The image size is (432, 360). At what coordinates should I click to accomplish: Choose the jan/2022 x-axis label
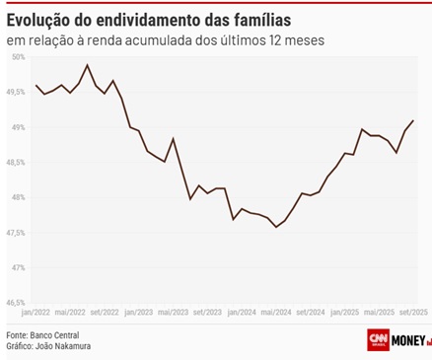(x=36, y=312)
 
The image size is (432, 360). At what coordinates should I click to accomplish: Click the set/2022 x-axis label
(x=105, y=312)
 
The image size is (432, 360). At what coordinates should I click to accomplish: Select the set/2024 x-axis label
(x=311, y=312)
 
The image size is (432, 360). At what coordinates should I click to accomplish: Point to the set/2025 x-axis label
(x=412, y=312)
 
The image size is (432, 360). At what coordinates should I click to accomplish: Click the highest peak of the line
(x=88, y=65)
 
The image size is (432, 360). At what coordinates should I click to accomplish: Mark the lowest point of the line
(x=276, y=227)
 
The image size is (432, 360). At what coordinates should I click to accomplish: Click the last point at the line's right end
(x=413, y=120)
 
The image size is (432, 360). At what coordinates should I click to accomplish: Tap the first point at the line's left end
(x=36, y=86)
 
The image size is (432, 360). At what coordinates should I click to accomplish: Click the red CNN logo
(x=378, y=340)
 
